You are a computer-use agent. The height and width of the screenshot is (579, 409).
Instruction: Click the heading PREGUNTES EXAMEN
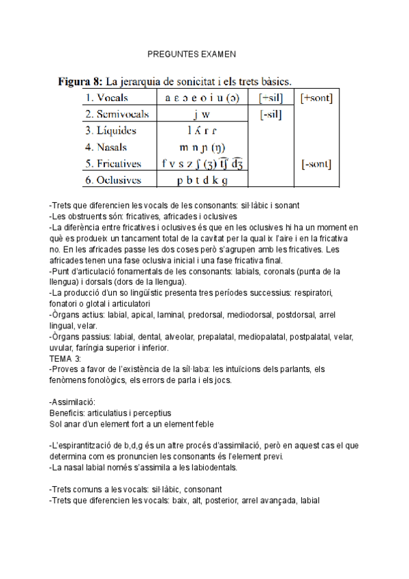192,53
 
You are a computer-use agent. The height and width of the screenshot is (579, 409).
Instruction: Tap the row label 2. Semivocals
118,115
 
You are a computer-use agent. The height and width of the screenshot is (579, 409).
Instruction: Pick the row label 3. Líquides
111,130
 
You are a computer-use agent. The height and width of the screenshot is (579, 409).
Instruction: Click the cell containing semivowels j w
202,115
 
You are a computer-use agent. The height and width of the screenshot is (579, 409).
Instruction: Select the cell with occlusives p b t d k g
202,180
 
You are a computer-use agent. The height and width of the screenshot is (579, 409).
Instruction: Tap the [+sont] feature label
316,98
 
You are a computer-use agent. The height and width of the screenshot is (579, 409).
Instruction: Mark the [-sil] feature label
271,115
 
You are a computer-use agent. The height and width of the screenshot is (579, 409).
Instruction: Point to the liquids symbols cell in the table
202,130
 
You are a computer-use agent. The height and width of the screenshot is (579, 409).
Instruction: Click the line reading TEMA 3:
65,358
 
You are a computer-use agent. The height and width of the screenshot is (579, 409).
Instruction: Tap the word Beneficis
67,413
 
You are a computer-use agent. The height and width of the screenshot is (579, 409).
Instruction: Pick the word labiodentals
213,468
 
